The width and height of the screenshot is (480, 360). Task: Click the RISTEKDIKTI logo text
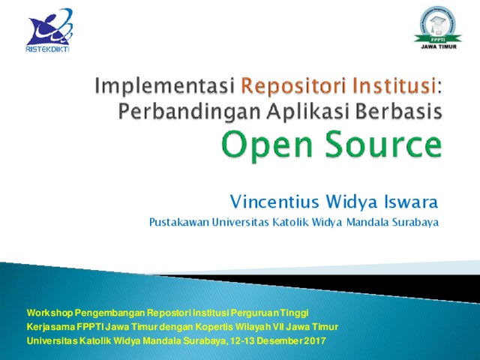47,49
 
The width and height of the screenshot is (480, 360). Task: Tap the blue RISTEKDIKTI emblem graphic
50,27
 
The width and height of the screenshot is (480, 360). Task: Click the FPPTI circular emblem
438,24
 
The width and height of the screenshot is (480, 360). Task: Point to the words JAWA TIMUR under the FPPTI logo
439,46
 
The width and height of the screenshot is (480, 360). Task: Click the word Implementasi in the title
165,86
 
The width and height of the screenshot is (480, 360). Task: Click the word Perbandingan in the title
190,112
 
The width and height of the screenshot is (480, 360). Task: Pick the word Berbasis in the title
399,111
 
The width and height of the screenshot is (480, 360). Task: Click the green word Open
267,145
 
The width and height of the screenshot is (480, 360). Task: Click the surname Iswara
411,202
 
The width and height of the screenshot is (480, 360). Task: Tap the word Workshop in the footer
50,313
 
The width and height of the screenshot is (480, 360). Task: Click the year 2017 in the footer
315,340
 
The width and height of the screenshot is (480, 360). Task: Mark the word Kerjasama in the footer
51,327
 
